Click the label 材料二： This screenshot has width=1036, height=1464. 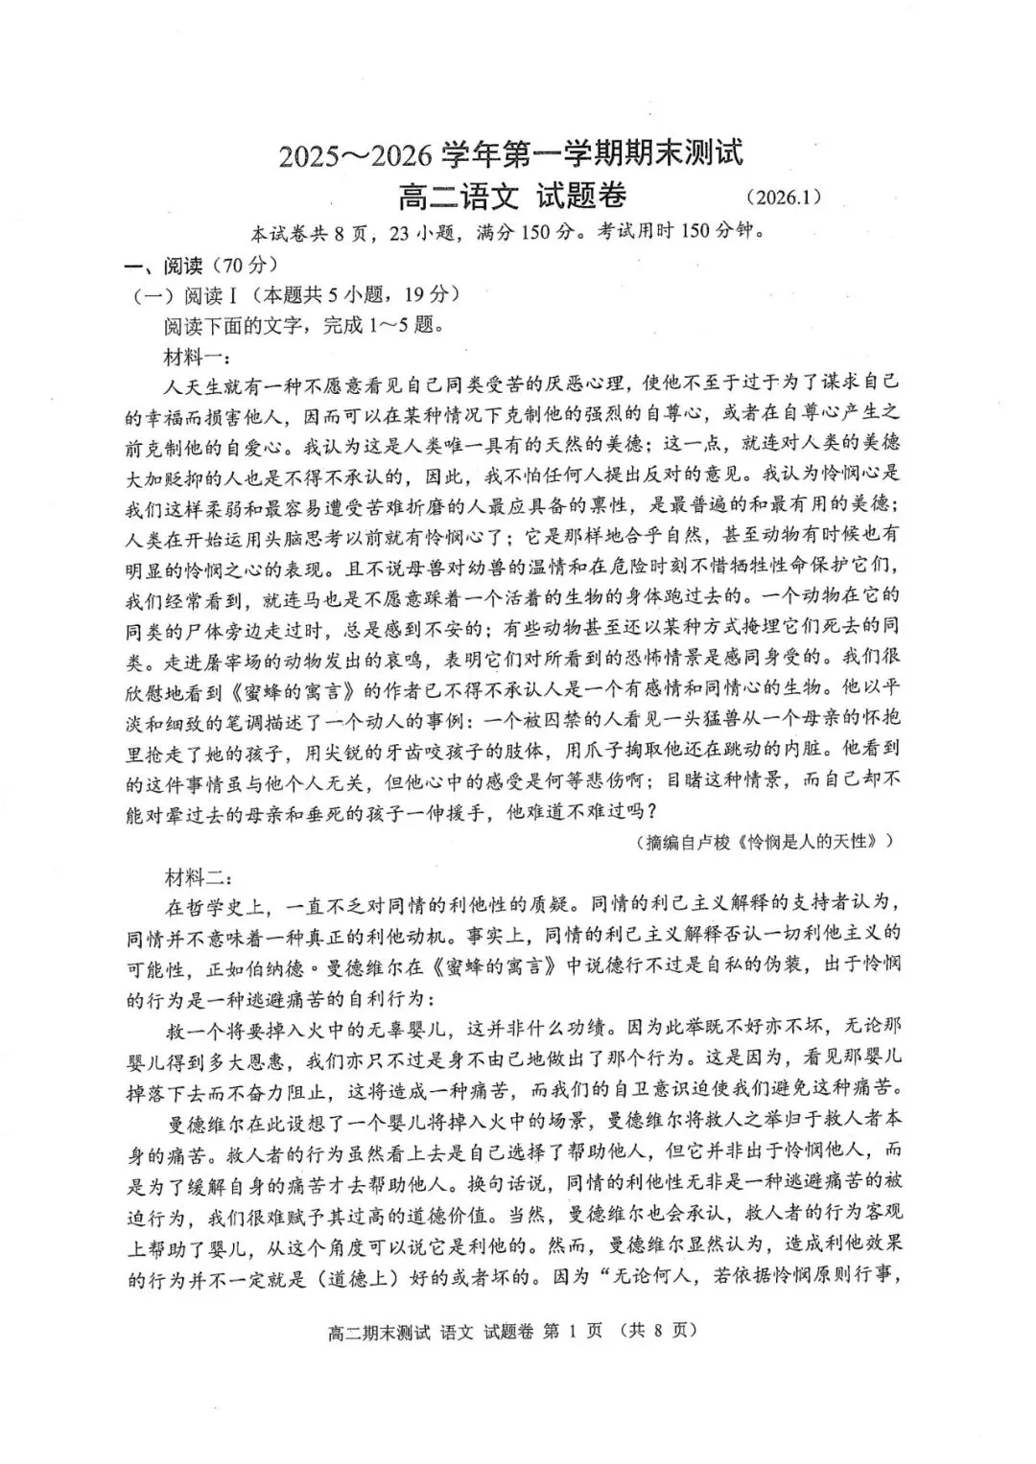tap(196, 875)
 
